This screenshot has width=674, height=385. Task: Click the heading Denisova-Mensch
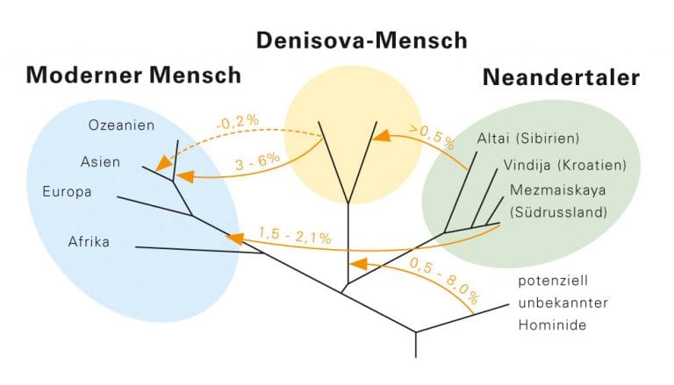(362, 41)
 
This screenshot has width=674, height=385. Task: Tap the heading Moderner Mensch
(133, 75)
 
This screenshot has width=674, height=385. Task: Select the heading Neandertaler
(561, 78)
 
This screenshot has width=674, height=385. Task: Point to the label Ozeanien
(121, 125)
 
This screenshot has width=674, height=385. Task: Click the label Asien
(100, 162)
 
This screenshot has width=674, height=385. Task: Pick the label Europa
(67, 192)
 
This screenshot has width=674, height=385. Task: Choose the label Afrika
(89, 241)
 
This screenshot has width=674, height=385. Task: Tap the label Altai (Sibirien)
(528, 139)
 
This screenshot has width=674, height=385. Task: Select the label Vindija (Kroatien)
(565, 165)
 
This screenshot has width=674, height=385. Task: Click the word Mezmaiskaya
(557, 190)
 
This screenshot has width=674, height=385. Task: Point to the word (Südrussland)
(558, 212)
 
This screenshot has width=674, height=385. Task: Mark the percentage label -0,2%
(238, 122)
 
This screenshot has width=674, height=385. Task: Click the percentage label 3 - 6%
(257, 162)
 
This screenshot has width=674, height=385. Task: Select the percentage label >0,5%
(432, 137)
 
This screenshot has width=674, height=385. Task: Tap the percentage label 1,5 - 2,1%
(295, 235)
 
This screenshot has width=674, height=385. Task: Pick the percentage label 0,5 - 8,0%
(444, 280)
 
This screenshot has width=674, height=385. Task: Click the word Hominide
(552, 324)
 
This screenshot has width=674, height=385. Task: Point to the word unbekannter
(563, 303)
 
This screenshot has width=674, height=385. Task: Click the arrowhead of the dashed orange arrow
(161, 164)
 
